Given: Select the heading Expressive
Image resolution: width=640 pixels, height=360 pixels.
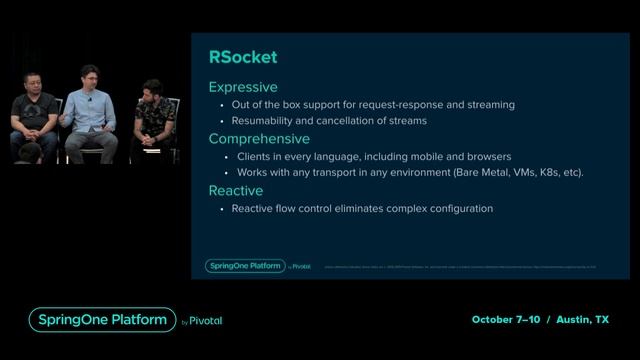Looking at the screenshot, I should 242,87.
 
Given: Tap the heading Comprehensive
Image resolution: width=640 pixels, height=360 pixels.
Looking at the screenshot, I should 258,139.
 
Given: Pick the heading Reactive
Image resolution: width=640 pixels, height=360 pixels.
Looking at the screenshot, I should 235,190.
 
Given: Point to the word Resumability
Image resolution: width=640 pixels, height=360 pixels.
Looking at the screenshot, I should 264,121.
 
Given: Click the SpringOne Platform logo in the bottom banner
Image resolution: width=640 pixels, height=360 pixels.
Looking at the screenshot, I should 103,320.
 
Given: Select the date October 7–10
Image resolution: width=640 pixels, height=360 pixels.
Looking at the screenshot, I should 507,320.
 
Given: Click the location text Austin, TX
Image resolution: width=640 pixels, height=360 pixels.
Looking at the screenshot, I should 583,320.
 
